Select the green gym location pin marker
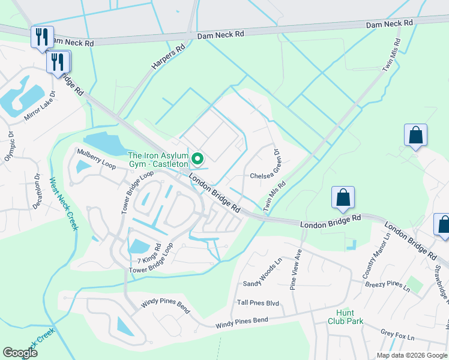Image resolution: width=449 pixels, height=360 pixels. pyautogui.click(x=197, y=159)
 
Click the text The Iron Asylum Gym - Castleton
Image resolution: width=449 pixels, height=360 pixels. pyautogui.click(x=158, y=160)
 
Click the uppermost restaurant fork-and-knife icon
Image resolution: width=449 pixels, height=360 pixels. pyautogui.click(x=42, y=36)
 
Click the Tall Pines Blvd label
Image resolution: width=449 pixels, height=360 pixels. pyautogui.click(x=258, y=304)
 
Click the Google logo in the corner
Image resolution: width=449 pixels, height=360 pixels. pyautogui.click(x=20, y=353)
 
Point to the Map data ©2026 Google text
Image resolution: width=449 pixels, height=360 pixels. pyautogui.click(x=412, y=355)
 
